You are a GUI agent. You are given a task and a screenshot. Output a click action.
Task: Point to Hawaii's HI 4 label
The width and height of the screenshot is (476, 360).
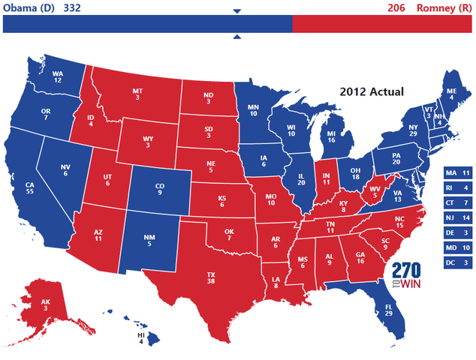[140, 339]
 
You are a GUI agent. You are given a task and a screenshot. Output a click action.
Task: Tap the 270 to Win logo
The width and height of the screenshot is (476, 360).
[405, 276]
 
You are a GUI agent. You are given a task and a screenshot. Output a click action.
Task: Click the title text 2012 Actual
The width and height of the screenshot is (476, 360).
[371, 91]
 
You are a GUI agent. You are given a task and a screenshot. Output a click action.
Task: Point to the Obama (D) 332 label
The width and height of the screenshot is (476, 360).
[42, 7]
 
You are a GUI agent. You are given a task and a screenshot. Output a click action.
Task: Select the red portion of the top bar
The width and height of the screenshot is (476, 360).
[382, 24]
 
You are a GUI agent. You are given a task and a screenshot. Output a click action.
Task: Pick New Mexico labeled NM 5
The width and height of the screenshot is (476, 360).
[149, 240]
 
